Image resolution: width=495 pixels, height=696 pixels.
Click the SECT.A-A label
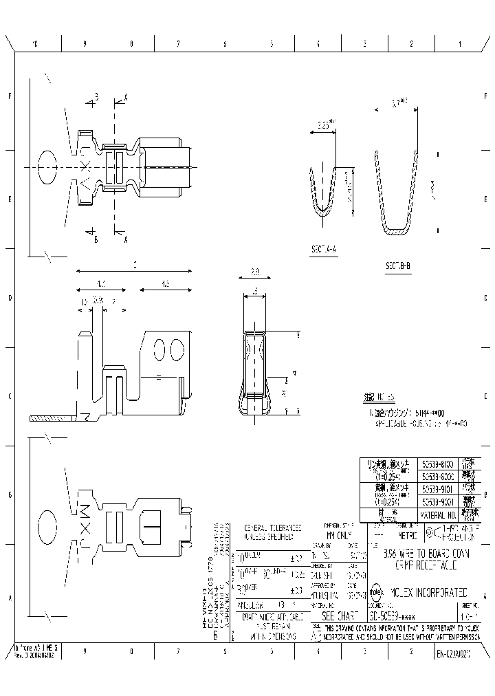pos(323,250)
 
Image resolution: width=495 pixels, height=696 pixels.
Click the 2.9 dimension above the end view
pos(254,272)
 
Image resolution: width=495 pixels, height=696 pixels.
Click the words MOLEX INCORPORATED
pos(429,591)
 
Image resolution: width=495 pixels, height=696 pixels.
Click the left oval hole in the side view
pos(159,349)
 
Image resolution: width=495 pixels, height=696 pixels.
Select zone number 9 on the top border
pos(85,44)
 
